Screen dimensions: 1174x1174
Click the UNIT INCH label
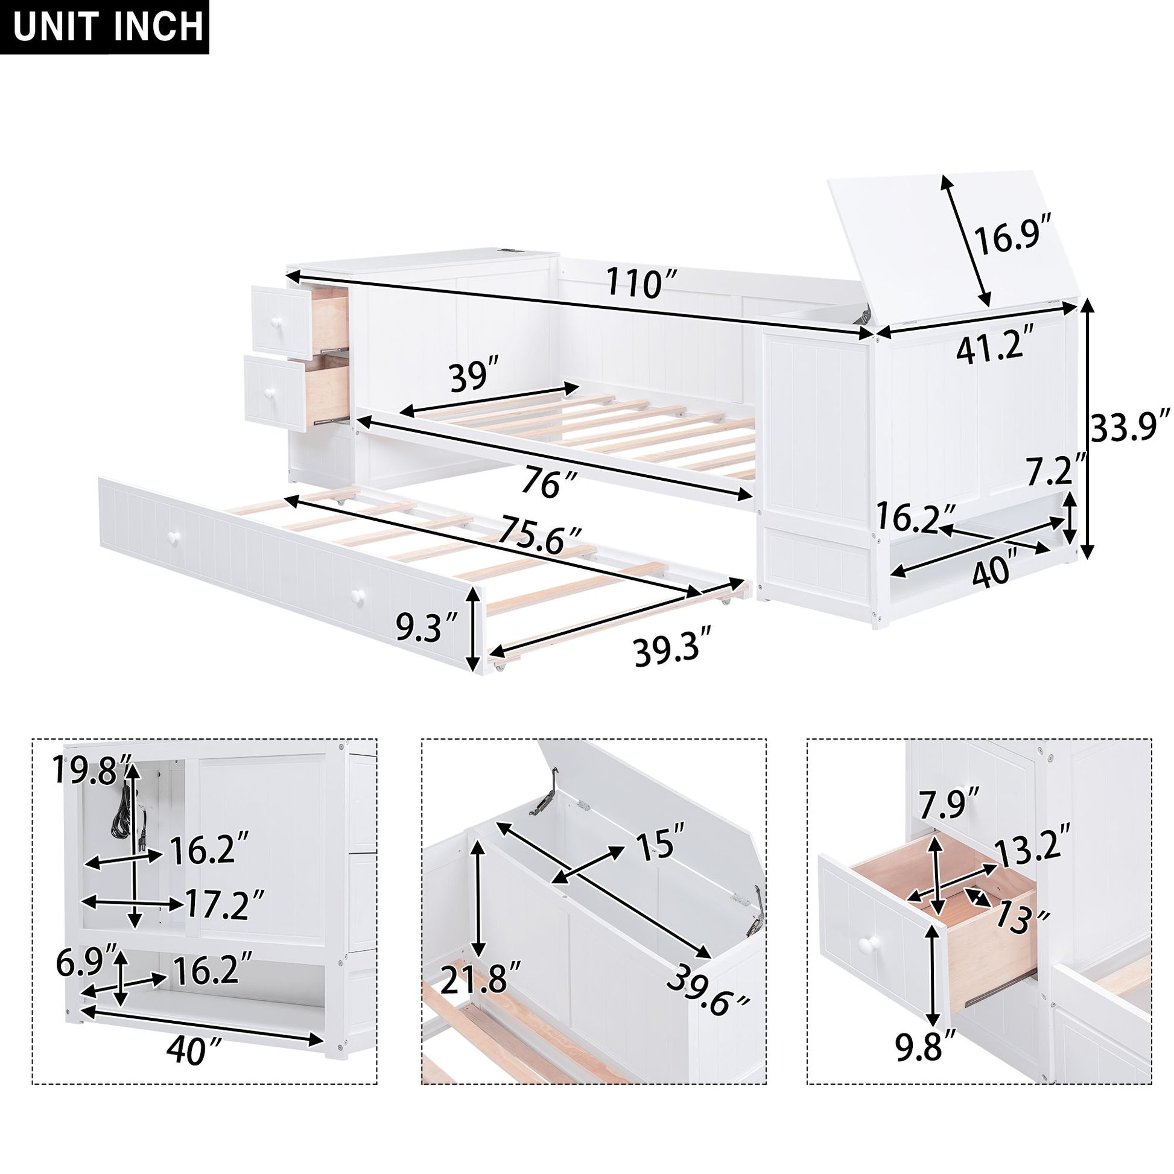click(104, 27)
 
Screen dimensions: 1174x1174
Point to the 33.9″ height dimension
click(1129, 428)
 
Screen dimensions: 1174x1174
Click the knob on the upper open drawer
click(276, 321)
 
